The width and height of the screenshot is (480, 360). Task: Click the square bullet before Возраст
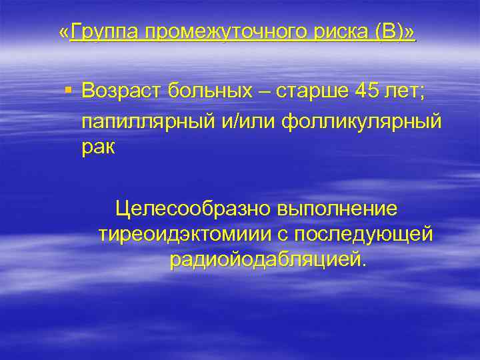tap(69, 89)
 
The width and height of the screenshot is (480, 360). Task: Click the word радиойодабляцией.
tap(267, 259)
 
